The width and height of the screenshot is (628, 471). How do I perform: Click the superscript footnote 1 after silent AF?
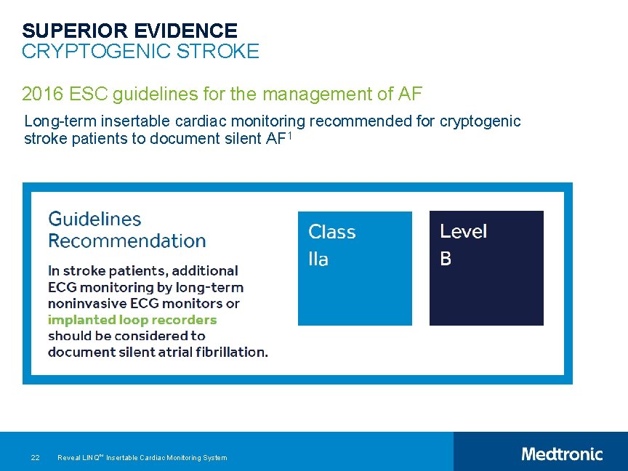pyautogui.click(x=289, y=135)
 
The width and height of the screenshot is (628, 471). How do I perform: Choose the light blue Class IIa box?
pyautogui.click(x=355, y=268)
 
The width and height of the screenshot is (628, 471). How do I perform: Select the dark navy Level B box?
pyautogui.click(x=486, y=268)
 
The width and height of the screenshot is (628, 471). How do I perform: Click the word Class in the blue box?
pyautogui.click(x=331, y=232)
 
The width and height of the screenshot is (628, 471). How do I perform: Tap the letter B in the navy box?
pyautogui.click(x=446, y=259)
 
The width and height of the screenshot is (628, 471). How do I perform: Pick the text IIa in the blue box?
pyautogui.click(x=318, y=259)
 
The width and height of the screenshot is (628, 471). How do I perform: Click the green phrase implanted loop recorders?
pyautogui.click(x=132, y=320)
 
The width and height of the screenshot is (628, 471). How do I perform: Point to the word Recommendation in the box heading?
pyautogui.click(x=127, y=241)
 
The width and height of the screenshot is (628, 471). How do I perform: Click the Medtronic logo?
pyautogui.click(x=562, y=454)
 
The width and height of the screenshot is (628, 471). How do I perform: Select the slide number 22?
pyautogui.click(x=35, y=457)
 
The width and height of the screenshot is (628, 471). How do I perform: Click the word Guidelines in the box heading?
pyautogui.click(x=94, y=219)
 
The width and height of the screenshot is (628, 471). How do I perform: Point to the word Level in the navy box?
pyautogui.click(x=463, y=232)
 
